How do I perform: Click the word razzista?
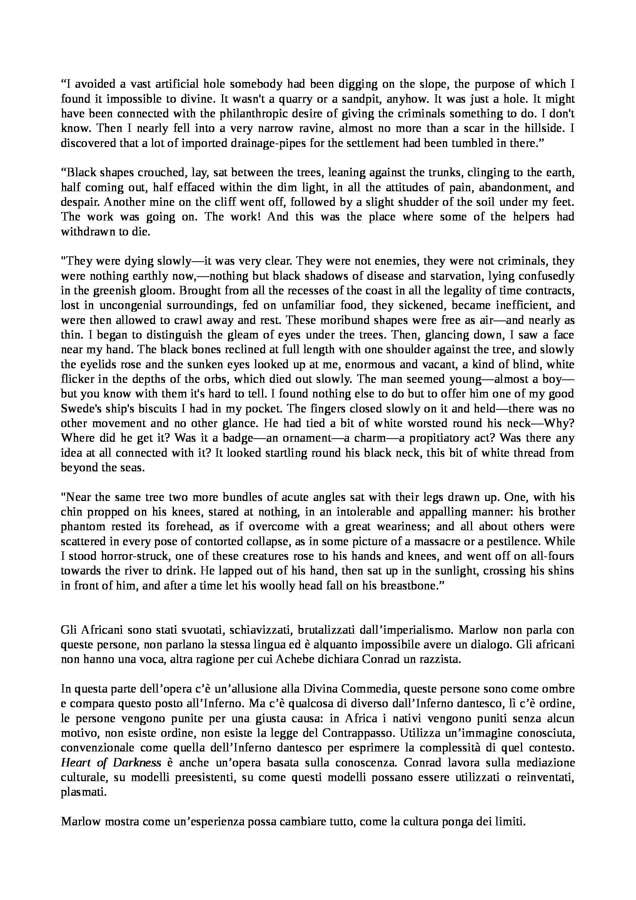[x=437, y=659]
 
